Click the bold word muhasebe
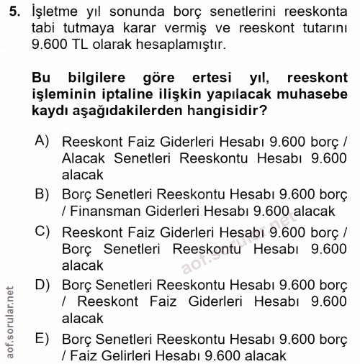coord(320,94)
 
